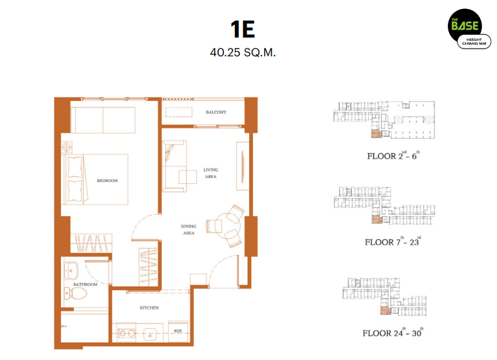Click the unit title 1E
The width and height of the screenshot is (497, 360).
(243, 30)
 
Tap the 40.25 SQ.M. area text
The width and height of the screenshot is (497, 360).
(243, 52)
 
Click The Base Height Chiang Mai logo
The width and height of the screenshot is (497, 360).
(469, 29)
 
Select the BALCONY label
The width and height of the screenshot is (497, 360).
(216, 112)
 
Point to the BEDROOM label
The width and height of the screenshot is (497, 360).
(107, 181)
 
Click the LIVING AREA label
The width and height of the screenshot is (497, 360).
(210, 173)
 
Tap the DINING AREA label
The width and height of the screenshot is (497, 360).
(188, 230)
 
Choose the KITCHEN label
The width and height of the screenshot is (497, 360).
(149, 308)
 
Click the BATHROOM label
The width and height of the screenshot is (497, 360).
(85, 284)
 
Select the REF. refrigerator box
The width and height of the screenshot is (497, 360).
(178, 332)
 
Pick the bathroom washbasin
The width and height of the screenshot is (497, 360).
(71, 271)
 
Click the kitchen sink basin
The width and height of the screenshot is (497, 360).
(150, 333)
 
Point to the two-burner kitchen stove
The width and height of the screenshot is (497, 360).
(127, 333)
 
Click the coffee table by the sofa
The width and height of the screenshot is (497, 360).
(188, 177)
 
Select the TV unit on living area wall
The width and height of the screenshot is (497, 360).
(243, 166)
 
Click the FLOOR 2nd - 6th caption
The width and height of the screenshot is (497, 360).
(393, 155)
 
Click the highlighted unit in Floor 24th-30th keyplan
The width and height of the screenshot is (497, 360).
(385, 311)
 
